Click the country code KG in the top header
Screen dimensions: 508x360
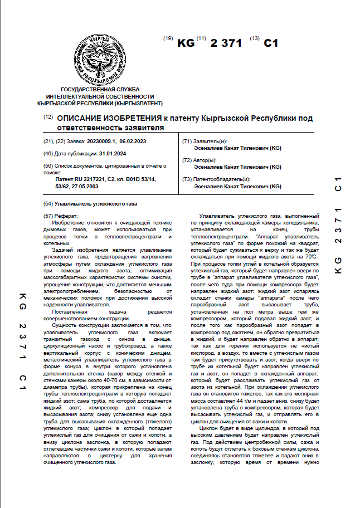coord(186,43)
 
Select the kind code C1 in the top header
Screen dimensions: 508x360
coord(270,43)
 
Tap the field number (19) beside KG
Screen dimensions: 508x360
coord(168,39)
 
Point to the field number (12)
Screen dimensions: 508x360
coord(47,117)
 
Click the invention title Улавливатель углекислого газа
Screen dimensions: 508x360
coord(95,204)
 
